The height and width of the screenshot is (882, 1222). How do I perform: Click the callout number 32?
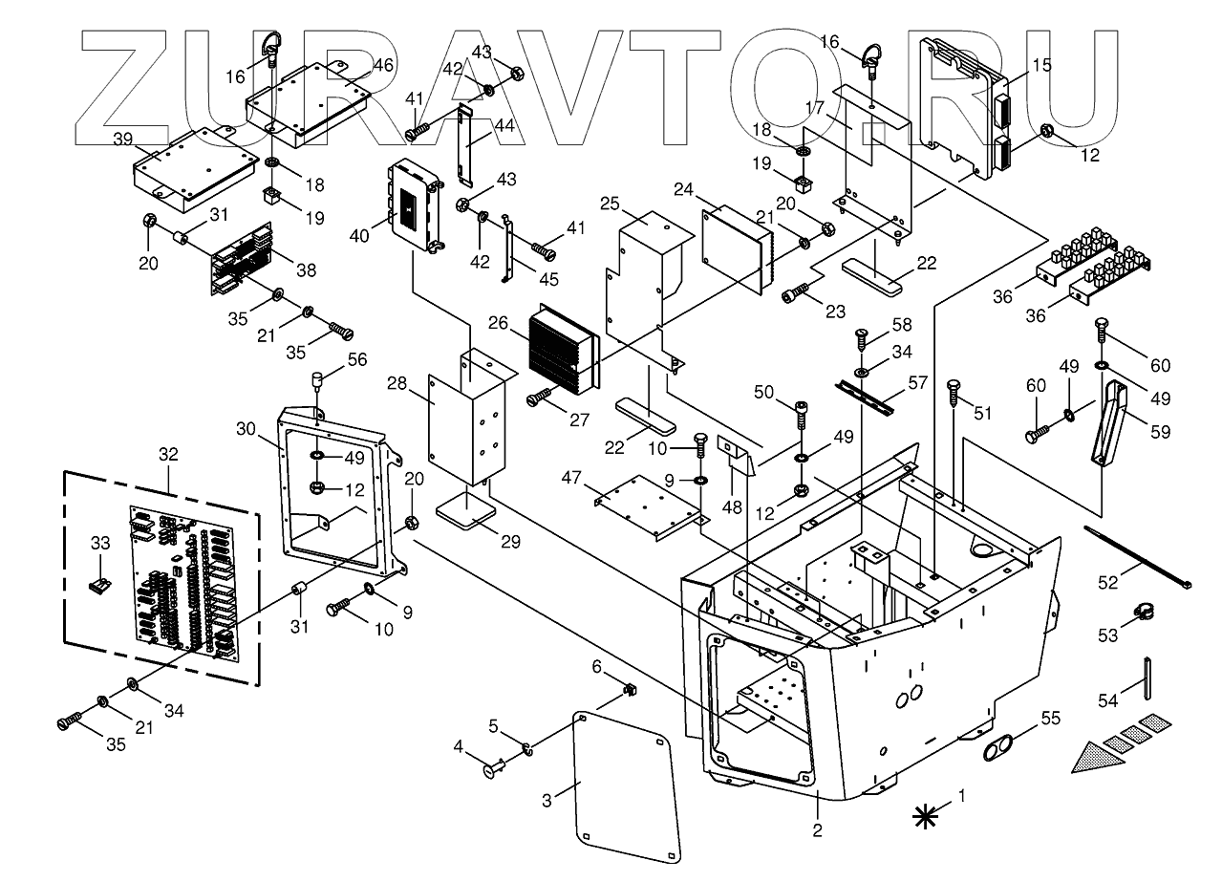tap(168, 455)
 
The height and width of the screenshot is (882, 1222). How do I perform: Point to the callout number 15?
tap(1040, 65)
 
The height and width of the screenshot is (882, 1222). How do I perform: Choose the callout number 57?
tap(917, 383)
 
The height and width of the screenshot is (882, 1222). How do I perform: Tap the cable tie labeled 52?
tap(1138, 555)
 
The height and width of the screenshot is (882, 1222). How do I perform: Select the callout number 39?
tap(122, 140)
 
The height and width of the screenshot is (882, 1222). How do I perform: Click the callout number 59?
tap(1160, 433)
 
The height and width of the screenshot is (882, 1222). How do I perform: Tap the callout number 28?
tap(397, 383)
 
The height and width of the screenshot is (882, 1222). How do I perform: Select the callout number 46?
tap(382, 65)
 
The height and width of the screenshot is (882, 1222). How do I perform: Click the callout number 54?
tap(1107, 700)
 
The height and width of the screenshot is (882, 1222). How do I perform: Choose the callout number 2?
tap(817, 830)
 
